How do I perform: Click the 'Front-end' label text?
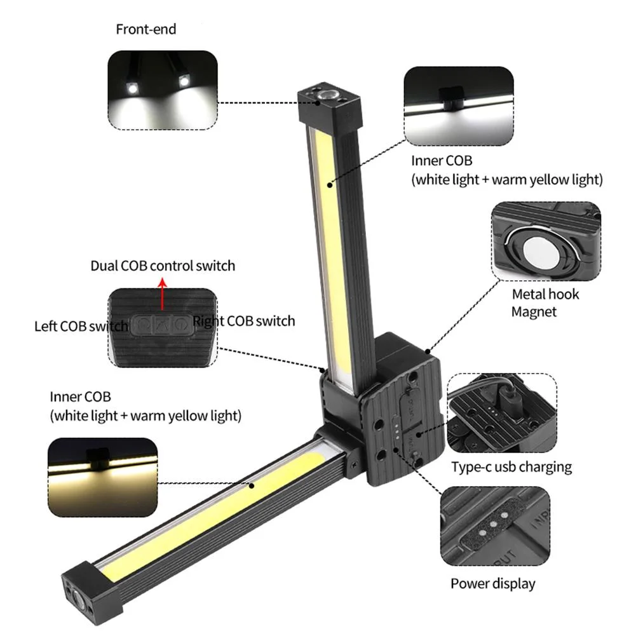click(x=146, y=29)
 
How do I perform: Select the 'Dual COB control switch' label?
click(x=163, y=266)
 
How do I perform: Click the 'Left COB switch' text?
click(x=81, y=327)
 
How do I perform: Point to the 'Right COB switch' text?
click(x=244, y=321)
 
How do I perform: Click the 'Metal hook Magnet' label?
click(x=545, y=303)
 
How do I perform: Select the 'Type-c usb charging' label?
click(x=511, y=467)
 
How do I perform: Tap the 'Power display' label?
click(x=493, y=583)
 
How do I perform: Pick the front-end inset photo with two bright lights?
click(x=163, y=90)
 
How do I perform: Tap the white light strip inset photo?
click(x=457, y=105)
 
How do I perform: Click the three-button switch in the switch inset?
click(x=161, y=325)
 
